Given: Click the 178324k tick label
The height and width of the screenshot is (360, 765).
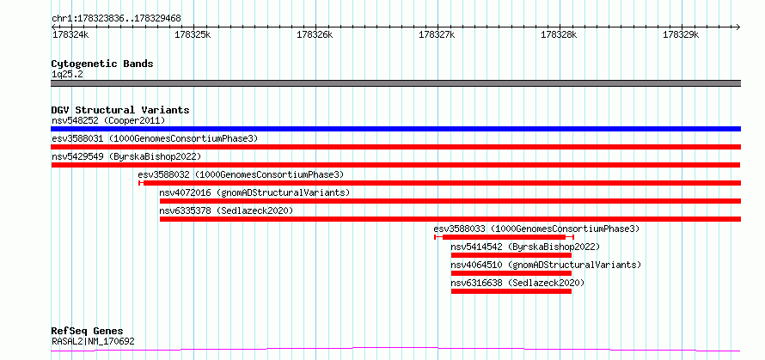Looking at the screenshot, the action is pos(70,35).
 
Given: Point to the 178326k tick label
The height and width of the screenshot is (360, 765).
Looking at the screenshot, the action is pos(315,35).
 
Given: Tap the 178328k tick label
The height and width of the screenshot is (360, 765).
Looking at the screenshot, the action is pos(559,35).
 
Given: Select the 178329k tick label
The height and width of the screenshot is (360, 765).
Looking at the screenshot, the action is pos(681,35).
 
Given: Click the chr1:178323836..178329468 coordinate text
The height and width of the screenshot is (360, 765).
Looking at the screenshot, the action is pos(116,19).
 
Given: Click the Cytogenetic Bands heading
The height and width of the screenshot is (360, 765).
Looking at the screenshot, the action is pos(102,64).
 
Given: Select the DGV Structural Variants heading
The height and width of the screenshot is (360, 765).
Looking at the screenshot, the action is pos(120,110).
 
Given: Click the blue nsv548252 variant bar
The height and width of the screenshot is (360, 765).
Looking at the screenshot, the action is pos(396,129).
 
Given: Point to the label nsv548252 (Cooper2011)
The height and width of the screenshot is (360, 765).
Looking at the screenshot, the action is pos(108,120).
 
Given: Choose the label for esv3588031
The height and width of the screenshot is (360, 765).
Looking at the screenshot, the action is pos(155,138).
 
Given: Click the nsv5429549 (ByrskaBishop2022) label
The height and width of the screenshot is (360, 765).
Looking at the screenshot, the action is pos(126,156).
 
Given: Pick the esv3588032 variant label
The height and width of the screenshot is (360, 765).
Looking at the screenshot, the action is pos(241,174).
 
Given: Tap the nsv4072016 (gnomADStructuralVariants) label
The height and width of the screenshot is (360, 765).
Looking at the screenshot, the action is pos(254,192).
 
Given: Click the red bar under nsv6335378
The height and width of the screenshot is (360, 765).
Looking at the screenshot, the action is pos(450,219).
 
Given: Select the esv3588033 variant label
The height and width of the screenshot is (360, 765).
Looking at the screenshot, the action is pos(536,229).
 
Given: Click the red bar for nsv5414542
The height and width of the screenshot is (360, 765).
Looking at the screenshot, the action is pos(511,255).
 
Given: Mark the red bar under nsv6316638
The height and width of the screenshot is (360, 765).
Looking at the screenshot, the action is pos(511,291).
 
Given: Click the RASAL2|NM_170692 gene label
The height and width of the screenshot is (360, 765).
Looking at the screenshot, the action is pos(93,341).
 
